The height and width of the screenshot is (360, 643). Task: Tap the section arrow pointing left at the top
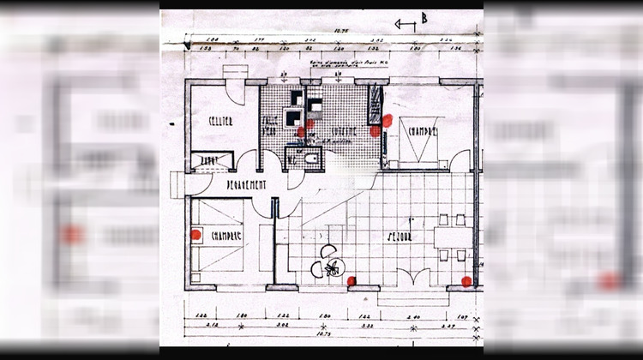[x=405, y=25]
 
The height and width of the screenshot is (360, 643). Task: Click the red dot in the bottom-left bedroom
[x=195, y=233]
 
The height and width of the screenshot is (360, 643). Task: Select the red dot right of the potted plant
[x=352, y=280]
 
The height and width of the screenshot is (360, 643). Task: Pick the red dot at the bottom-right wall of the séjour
[x=466, y=280]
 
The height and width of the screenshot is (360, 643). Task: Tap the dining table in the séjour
[x=451, y=237]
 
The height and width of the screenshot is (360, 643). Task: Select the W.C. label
[x=292, y=159]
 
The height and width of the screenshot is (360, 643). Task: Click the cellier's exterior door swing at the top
[x=234, y=74]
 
